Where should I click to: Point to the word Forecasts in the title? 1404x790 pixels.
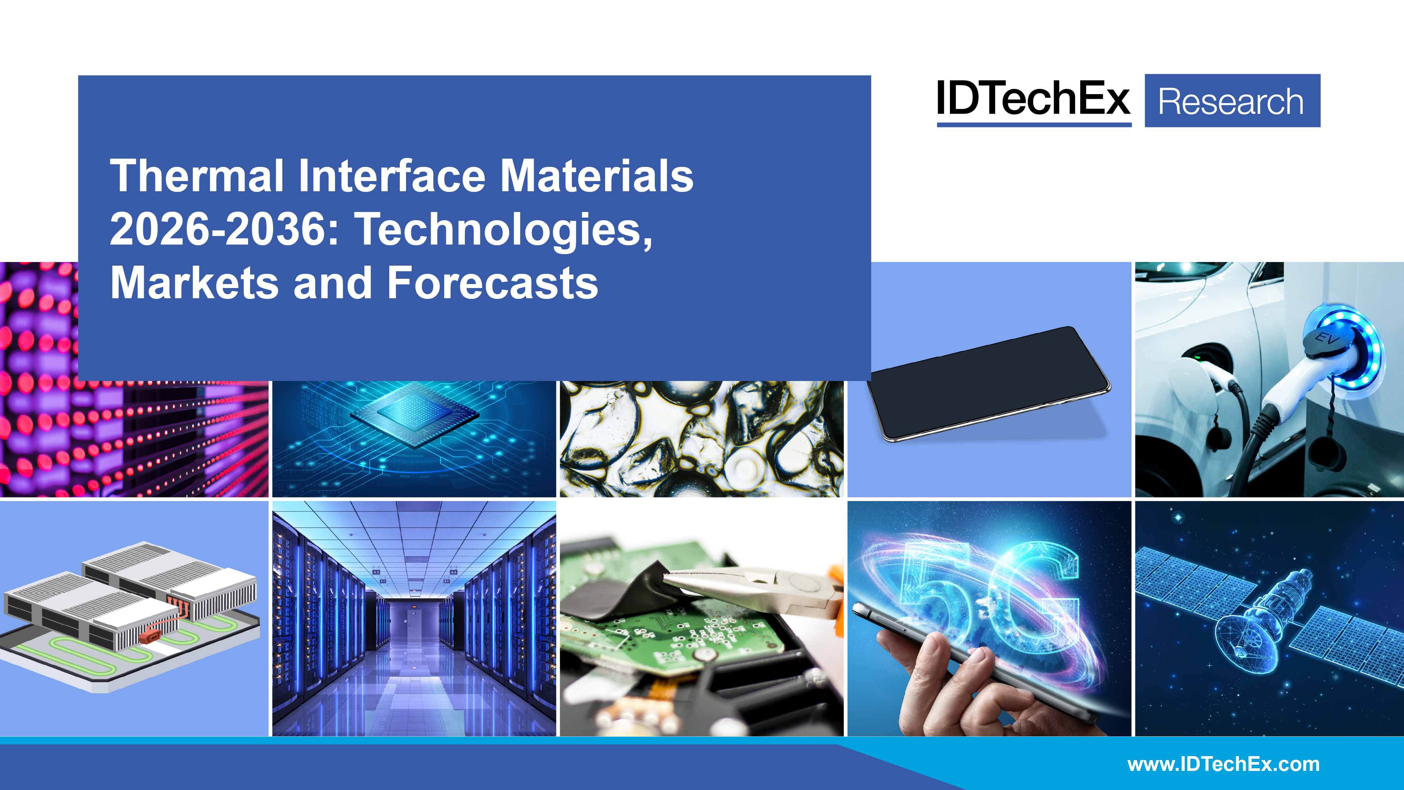point(493,283)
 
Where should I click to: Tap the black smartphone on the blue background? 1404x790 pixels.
point(987,383)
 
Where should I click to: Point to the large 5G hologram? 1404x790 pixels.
point(989,592)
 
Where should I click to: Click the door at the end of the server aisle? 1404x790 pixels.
point(414,621)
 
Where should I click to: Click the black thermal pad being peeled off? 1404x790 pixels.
point(621,592)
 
